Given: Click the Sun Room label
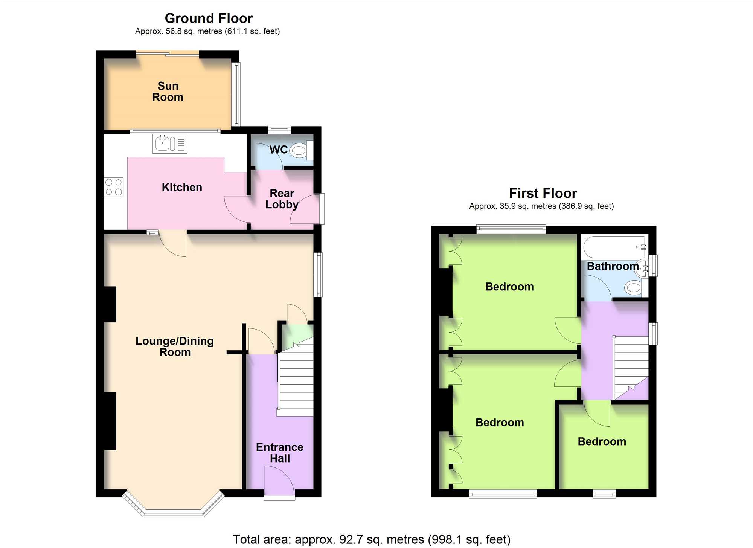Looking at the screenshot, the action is point(168,92).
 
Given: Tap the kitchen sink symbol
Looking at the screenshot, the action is point(170,143).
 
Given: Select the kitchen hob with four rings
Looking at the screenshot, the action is point(114,187).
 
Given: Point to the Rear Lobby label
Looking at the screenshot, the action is point(282,199).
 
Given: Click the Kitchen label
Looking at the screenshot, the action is point(182,187).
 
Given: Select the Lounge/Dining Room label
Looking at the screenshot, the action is point(175,347).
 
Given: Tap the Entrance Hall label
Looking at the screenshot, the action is point(280,453).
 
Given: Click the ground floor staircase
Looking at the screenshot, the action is point(296,377).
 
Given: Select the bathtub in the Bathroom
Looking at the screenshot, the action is point(615,247).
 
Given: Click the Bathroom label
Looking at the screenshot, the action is point(613,266).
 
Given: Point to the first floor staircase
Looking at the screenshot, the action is point(631,368).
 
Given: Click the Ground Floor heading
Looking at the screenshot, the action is point(209,18).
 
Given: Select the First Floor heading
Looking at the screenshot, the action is point(543,193).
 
